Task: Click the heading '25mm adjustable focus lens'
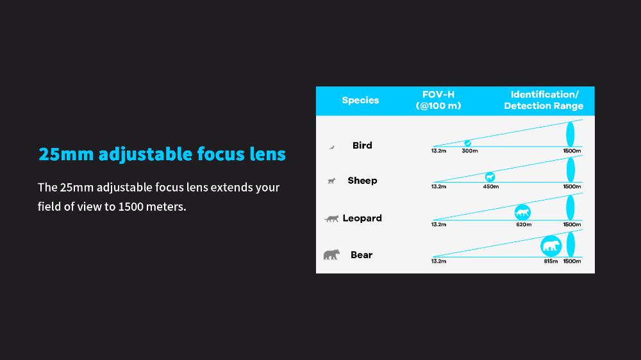tap(162, 154)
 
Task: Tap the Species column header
tap(360, 100)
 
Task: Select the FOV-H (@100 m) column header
tap(438, 100)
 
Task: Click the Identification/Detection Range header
tap(544, 100)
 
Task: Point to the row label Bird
tap(362, 145)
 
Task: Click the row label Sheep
tap(362, 181)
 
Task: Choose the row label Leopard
tap(362, 218)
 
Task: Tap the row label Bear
tap(362, 255)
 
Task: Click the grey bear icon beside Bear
tap(331, 254)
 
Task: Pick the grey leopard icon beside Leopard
tap(331, 218)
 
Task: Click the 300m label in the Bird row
tap(470, 151)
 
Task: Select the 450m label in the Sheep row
tap(491, 187)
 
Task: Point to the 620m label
tap(524, 224)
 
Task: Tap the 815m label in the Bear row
tap(551, 261)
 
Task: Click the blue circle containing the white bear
tap(551, 246)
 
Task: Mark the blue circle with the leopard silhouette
tap(522, 213)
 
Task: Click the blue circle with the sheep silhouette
tap(490, 177)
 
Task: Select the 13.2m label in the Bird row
tap(438, 151)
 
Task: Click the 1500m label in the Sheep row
tap(572, 187)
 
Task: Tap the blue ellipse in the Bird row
tap(570, 134)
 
